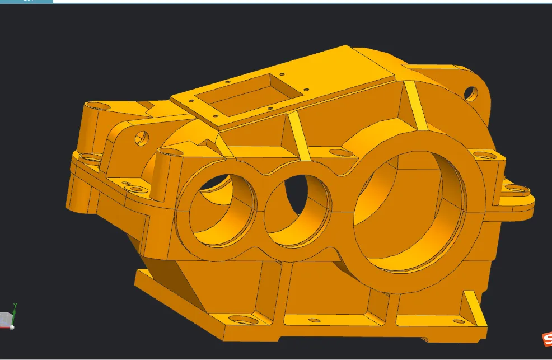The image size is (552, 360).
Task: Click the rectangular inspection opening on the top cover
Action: coord(250,93)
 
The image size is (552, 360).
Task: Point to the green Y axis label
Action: coord(15,305)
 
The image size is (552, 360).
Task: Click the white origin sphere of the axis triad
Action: coord(12,328)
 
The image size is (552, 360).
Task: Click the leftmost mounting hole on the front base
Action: coord(238,321)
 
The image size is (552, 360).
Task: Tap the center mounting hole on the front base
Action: coord(315,321)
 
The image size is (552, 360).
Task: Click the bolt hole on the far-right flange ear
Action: coord(518,189)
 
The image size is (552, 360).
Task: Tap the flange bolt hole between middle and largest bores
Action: coord(339,153)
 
